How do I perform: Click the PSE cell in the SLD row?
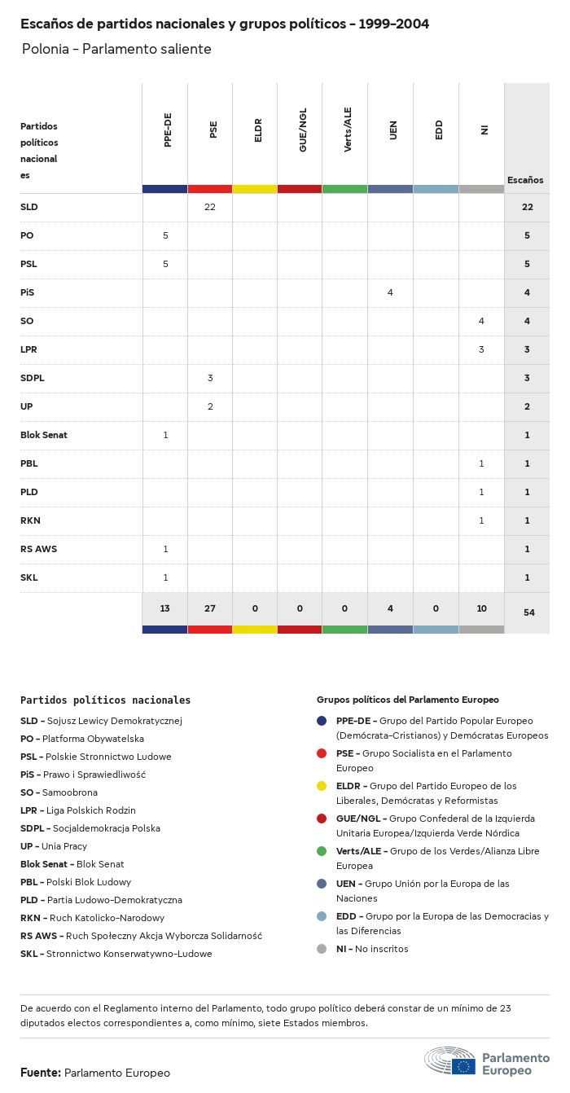click(210, 207)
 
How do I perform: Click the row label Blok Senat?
click(44, 435)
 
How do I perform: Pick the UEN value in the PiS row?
click(390, 292)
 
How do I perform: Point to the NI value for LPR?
click(481, 349)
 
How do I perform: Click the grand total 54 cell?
click(528, 612)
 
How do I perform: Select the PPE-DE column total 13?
click(164, 609)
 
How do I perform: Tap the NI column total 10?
click(481, 609)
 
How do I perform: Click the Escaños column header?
click(525, 180)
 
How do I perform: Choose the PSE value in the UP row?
click(210, 406)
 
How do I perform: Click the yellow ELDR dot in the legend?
click(322, 786)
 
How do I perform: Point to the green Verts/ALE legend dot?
click(322, 851)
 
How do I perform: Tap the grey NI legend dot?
click(322, 949)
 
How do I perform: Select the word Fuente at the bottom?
click(40, 1073)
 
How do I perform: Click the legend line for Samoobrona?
click(59, 792)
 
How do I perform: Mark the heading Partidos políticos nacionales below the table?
click(105, 700)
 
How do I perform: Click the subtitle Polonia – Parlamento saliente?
click(116, 49)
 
